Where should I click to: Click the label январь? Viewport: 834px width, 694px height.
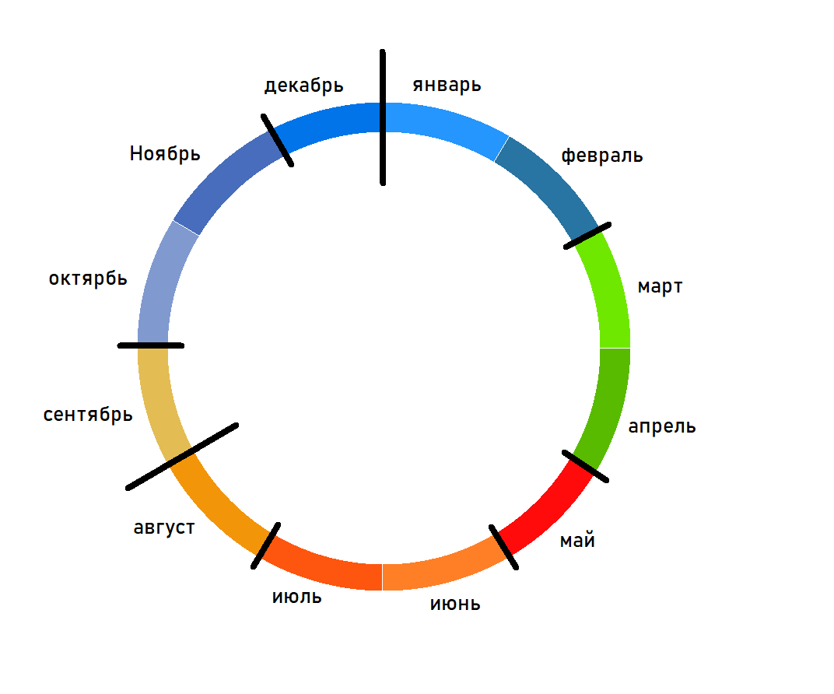tap(447, 85)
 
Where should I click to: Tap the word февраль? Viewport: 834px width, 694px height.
tap(601, 156)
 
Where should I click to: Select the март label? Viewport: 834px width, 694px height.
tap(660, 286)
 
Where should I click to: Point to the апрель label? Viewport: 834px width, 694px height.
tap(662, 426)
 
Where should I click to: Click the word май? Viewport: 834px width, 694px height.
tap(577, 540)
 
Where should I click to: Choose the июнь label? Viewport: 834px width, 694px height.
tap(455, 603)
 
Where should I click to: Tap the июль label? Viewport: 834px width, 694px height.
tap(296, 598)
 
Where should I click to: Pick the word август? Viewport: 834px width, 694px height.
tap(163, 528)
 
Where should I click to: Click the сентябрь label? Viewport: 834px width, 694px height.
tap(88, 415)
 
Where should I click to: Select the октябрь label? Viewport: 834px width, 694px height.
tap(88, 279)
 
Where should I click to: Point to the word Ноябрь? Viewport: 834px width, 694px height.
tap(165, 153)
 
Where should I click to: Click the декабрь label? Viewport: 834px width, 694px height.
tap(303, 85)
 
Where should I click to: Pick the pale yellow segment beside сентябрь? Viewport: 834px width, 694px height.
tap(160, 405)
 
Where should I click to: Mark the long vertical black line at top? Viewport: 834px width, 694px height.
tap(383, 117)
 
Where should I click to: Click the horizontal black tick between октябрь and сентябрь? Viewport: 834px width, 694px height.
tap(151, 345)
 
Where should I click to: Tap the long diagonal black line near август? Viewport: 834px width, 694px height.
tap(182, 457)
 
